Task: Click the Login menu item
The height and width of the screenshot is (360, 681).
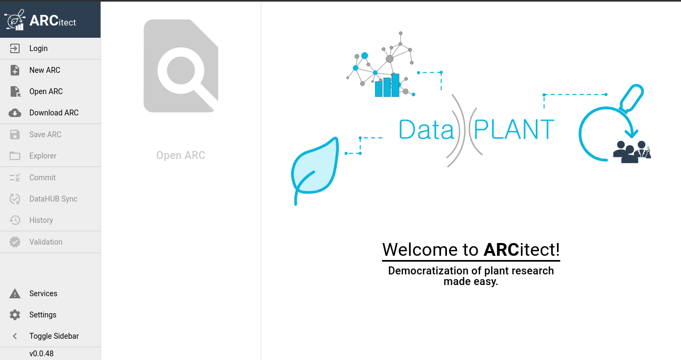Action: pos(38,48)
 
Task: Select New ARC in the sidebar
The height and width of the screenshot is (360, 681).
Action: pos(45,70)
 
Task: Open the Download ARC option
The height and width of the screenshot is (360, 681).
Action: pos(54,113)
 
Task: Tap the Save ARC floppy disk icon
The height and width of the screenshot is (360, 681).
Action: pos(14,135)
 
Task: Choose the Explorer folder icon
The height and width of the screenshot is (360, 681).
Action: pos(14,156)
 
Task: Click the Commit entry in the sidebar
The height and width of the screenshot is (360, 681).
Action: pos(42,178)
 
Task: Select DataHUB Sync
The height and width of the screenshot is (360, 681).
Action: pos(53,199)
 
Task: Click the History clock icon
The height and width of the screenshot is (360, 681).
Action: pos(14,220)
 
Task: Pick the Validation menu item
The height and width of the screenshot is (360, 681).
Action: pos(46,242)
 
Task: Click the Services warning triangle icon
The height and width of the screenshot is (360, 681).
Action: pos(14,294)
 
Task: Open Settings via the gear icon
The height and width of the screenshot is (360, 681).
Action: pos(14,315)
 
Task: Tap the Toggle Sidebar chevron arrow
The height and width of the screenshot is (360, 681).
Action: pos(14,336)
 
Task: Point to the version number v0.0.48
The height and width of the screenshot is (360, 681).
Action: pos(41,354)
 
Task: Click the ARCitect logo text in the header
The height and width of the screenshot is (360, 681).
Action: pos(53,21)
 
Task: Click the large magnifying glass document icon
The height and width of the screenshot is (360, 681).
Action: pos(181,66)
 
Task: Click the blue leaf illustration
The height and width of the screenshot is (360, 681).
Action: pos(314,170)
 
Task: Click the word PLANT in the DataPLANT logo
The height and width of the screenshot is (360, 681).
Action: pos(514,129)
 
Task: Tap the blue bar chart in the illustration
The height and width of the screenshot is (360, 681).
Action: pos(387,86)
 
